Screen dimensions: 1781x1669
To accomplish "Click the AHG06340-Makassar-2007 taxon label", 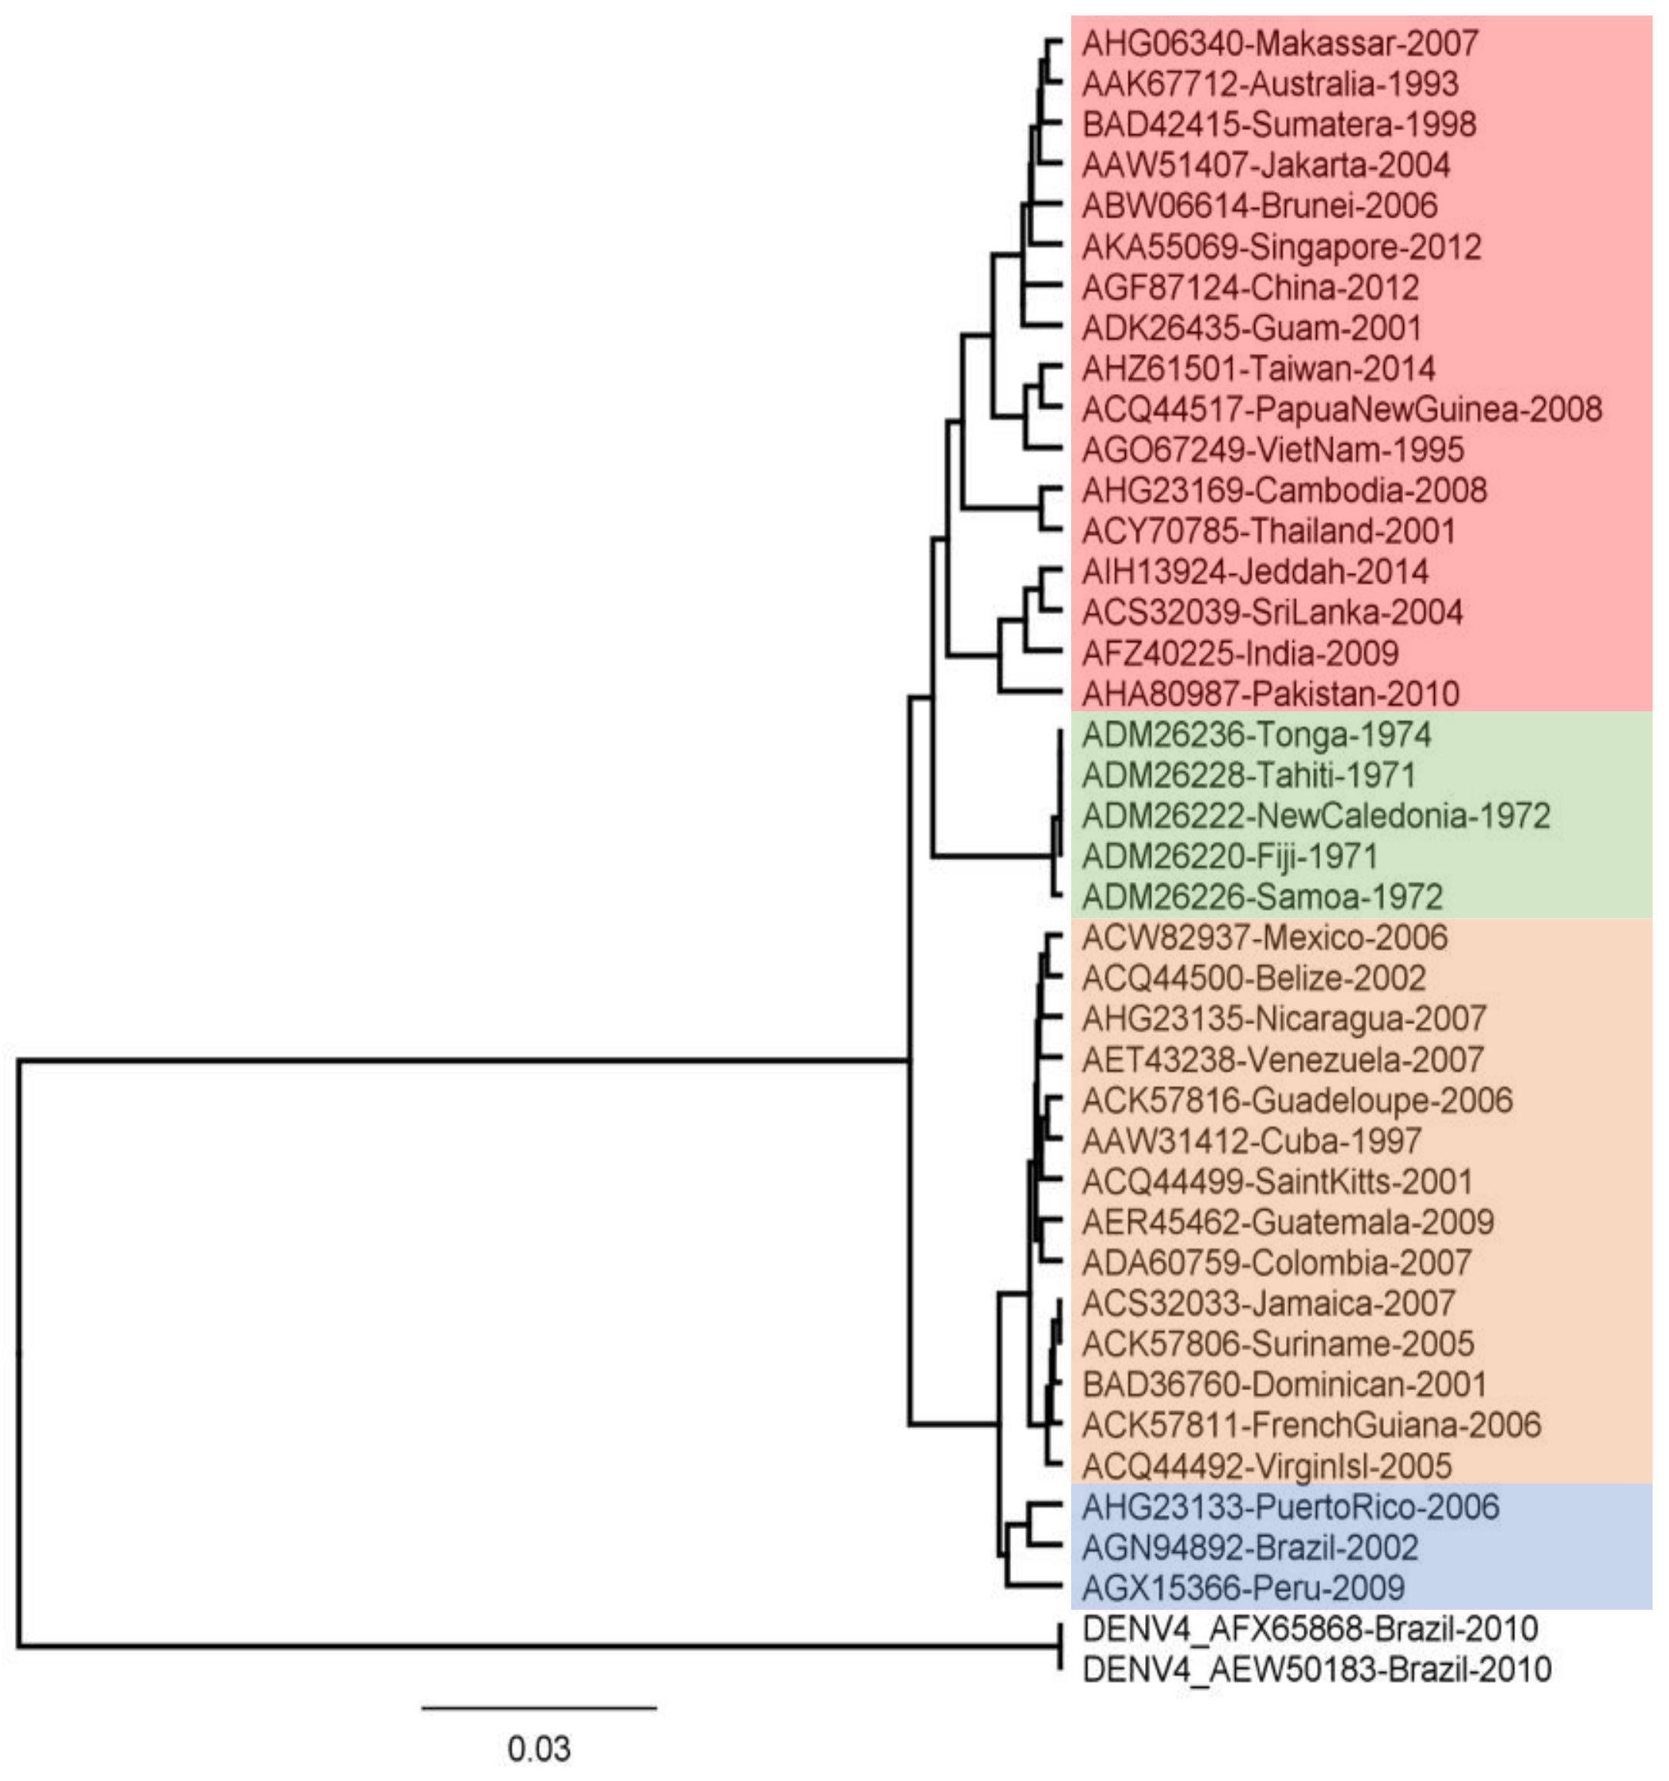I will click(x=1279, y=43).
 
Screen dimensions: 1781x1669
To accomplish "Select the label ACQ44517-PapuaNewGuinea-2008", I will click(x=1341, y=409).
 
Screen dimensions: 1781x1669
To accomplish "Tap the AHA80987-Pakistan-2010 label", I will click(x=1269, y=694).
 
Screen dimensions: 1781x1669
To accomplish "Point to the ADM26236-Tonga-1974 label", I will click(x=1255, y=734).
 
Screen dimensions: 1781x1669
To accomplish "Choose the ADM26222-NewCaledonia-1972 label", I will click(x=1315, y=816).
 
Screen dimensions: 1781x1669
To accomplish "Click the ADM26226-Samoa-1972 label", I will click(x=1261, y=897).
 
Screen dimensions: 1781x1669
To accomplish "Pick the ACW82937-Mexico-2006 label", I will click(x=1263, y=938).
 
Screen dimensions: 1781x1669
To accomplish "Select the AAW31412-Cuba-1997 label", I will click(x=1251, y=1141).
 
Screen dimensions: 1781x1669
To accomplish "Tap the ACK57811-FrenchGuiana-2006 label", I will click(x=1311, y=1425).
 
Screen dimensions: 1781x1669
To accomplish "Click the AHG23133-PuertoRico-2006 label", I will click(x=1289, y=1507).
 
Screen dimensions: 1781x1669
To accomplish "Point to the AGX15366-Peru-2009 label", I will click(x=1243, y=1588).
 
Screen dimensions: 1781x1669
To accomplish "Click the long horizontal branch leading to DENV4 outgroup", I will click(x=538, y=1645).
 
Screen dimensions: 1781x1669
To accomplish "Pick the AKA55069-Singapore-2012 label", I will click(x=1281, y=247).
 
